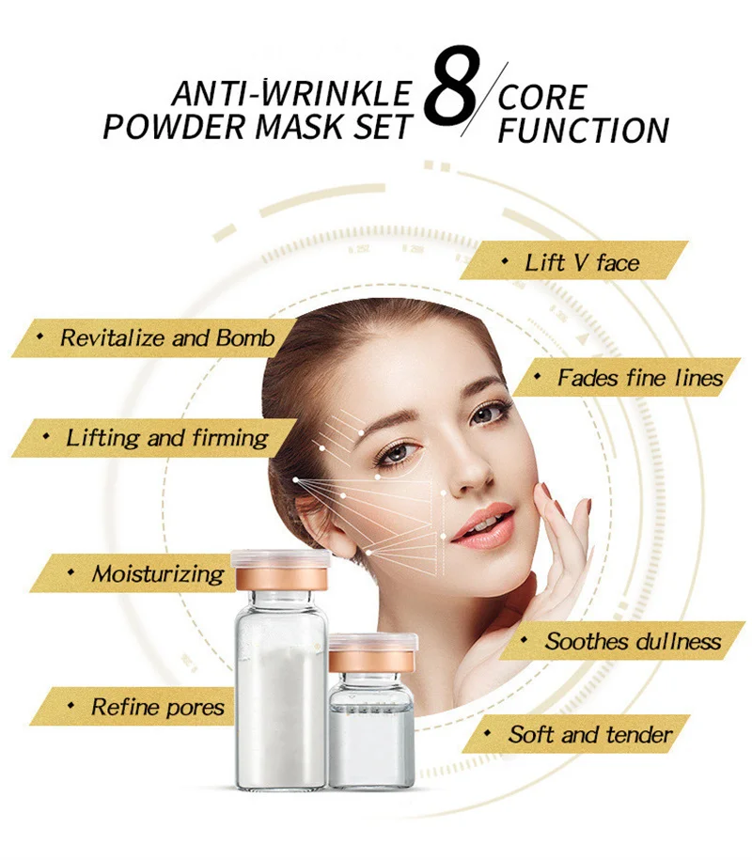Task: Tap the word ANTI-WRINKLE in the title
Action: click(290, 93)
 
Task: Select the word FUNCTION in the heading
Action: click(583, 130)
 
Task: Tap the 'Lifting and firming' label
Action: click(165, 438)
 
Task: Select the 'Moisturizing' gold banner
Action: click(156, 573)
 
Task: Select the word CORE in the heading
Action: click(542, 97)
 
